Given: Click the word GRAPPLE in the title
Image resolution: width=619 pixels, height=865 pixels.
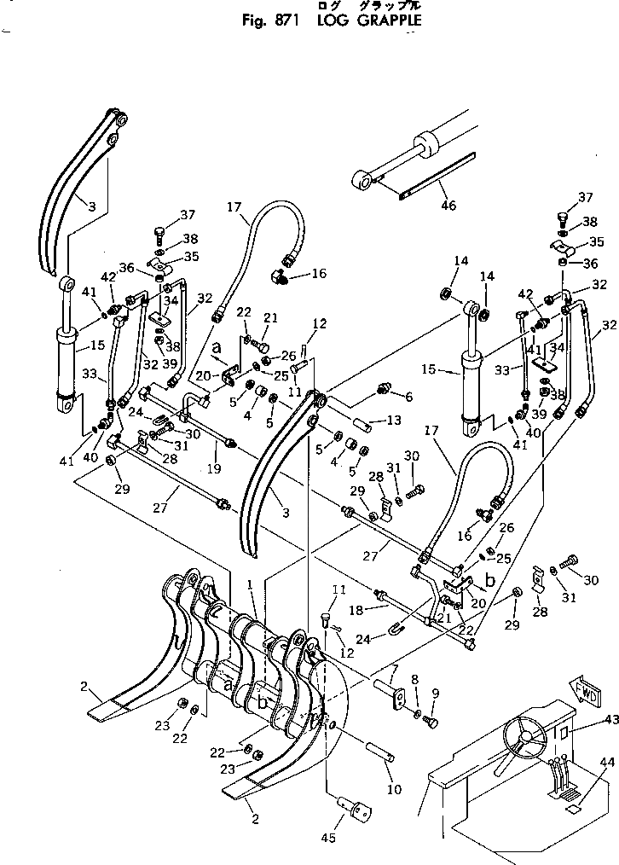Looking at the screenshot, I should pyautogui.click(x=377, y=21).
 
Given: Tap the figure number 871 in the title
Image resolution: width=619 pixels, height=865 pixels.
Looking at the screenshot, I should pyautogui.click(x=281, y=21).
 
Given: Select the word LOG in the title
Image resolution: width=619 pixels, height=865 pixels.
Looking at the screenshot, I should pyautogui.click(x=329, y=21).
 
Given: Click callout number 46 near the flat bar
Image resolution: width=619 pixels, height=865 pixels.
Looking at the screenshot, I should pyautogui.click(x=448, y=205).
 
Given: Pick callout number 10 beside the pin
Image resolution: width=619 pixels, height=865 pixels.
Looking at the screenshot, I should pyautogui.click(x=392, y=790).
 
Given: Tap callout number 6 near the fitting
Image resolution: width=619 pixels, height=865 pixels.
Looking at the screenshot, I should pyautogui.click(x=408, y=396).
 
